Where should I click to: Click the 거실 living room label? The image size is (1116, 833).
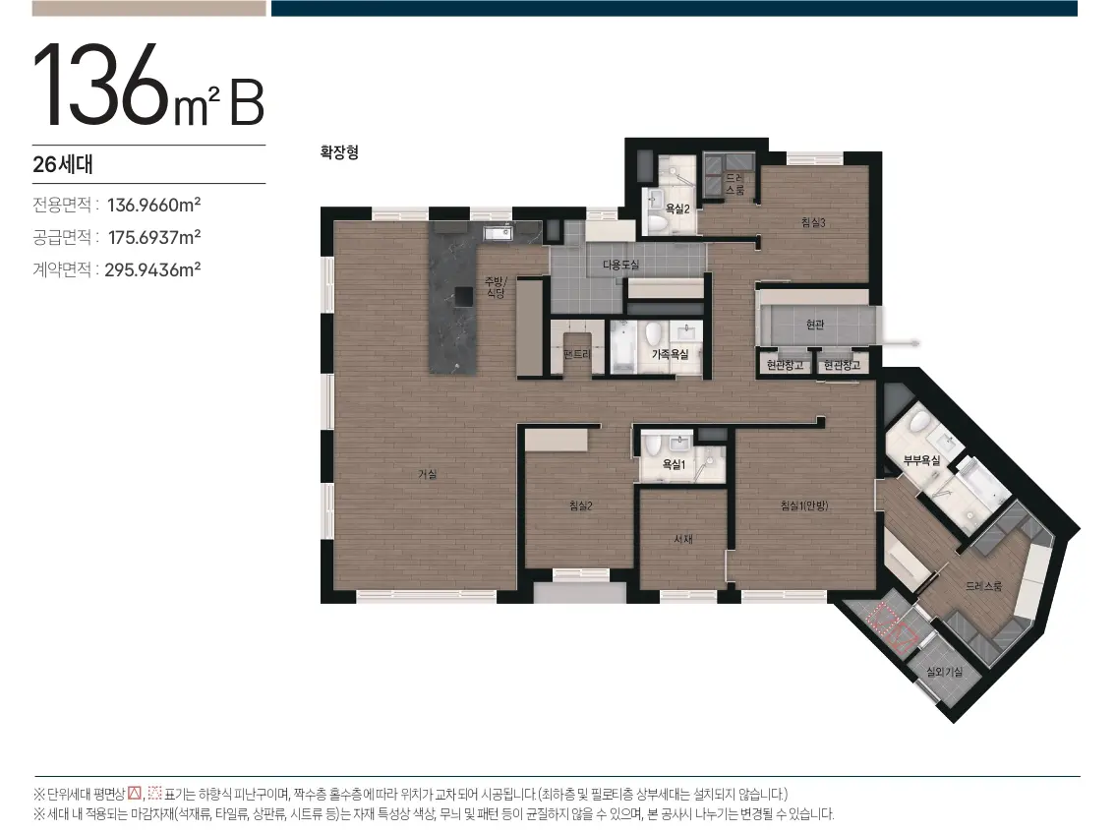(427, 474)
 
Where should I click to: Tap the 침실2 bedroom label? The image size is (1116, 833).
(581, 506)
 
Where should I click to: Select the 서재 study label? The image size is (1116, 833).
(683, 539)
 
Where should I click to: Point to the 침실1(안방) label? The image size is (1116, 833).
(804, 506)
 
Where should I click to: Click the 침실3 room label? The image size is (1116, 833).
(813, 223)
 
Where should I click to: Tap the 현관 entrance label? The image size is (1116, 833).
(815, 325)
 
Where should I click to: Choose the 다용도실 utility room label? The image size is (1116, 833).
(620, 265)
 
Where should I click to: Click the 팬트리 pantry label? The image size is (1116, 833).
(576, 354)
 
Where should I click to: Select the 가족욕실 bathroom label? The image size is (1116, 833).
(670, 354)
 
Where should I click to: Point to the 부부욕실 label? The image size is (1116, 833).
(921, 460)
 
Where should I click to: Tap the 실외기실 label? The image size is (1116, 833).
(944, 672)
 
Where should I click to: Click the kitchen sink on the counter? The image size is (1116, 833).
(498, 233)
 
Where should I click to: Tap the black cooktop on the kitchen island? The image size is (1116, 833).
(464, 296)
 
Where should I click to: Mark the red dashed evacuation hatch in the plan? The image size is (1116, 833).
(893, 627)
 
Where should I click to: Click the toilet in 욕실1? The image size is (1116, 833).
(653, 446)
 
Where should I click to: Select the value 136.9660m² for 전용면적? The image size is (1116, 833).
(153, 205)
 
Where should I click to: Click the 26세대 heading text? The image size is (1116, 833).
(63, 164)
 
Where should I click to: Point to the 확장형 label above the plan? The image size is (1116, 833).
(339, 152)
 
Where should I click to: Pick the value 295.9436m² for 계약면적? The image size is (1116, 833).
(152, 269)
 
